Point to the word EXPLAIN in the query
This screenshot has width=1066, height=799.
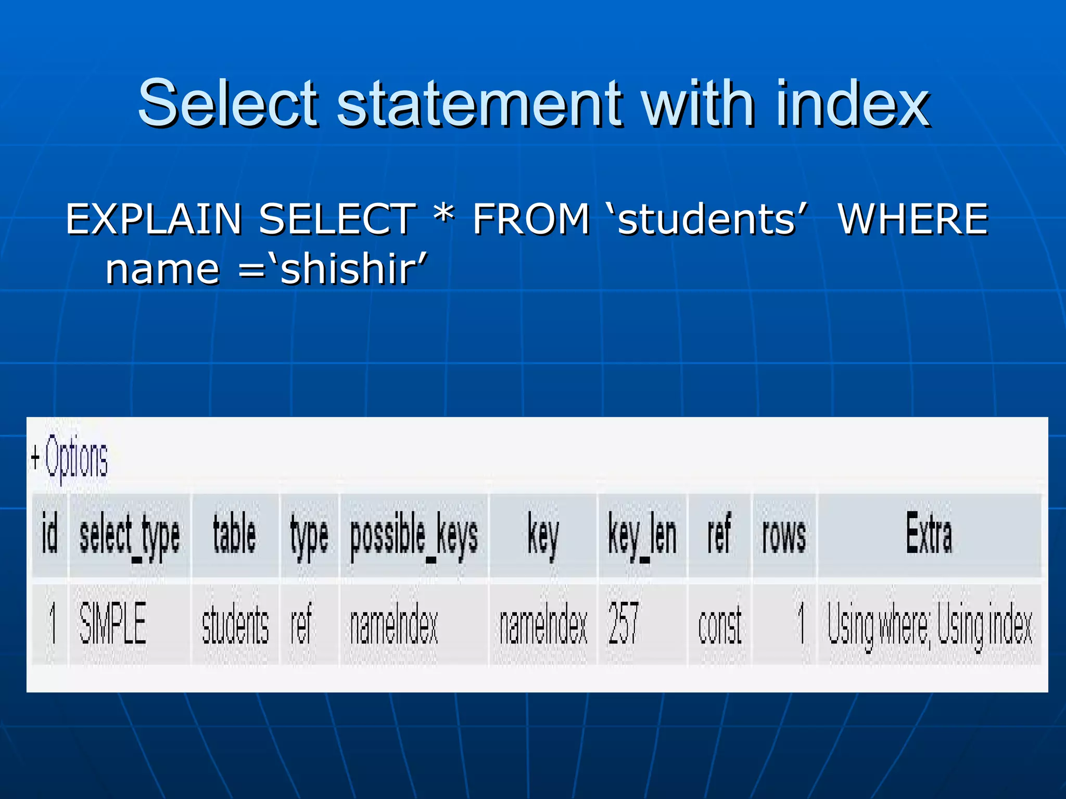[154, 219]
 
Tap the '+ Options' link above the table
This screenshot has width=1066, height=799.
[69, 457]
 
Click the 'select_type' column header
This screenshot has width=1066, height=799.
[130, 536]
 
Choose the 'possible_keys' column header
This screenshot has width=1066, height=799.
[414, 536]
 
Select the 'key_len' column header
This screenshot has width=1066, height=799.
[642, 536]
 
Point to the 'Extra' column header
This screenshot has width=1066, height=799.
[929, 534]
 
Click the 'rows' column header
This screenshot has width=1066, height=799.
[784, 536]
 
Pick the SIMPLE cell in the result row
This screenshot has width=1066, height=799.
[112, 623]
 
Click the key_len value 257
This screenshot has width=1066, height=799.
[623, 623]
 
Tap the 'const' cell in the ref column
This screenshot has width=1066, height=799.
[720, 624]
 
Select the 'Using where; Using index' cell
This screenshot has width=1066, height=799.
[930, 624]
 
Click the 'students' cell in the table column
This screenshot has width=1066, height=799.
[235, 624]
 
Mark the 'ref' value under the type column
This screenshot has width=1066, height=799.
[301, 624]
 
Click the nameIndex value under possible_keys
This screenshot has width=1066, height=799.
[394, 624]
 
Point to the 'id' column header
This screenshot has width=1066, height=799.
[49, 534]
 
